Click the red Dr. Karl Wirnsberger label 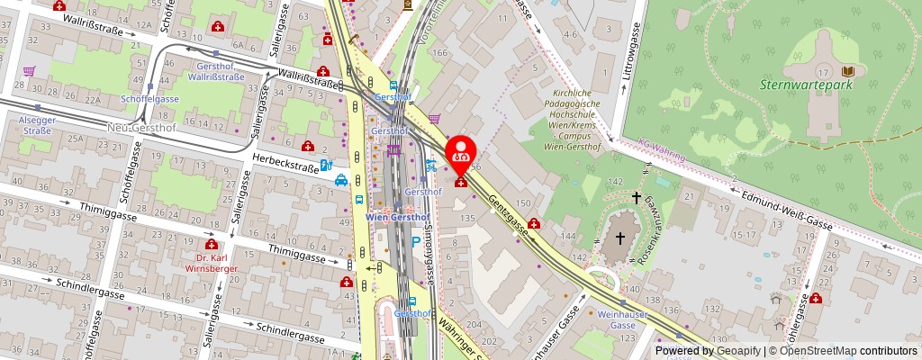tap(211, 262)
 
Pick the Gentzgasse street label tap(509, 212)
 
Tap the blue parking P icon tap(415, 240)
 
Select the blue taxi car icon tap(342, 180)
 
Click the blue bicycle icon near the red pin tap(431, 165)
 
